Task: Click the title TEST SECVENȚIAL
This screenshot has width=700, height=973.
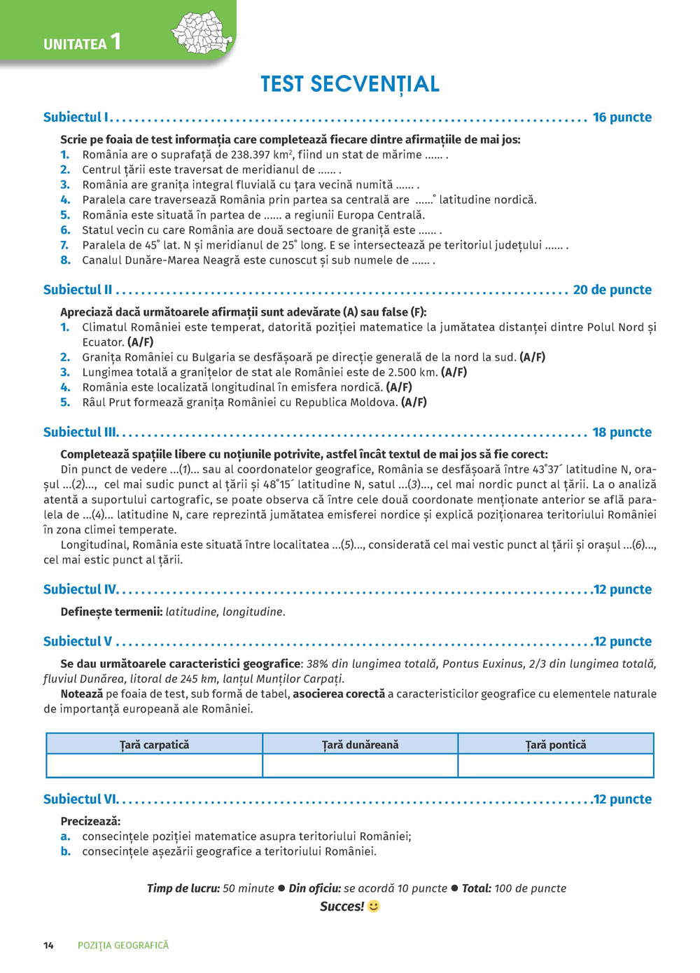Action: click(x=350, y=84)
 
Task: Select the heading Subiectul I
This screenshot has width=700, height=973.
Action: click(x=76, y=117)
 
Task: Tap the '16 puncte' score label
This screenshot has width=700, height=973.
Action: click(x=622, y=117)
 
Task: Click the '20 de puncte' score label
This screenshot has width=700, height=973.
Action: click(x=612, y=290)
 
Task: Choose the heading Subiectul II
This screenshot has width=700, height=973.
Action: click(x=78, y=290)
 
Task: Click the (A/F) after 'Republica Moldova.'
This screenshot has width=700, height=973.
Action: click(x=414, y=402)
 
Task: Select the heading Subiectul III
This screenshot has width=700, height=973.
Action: click(x=80, y=432)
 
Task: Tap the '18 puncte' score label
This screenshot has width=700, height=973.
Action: click(x=622, y=432)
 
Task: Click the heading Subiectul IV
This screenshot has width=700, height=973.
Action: click(x=80, y=589)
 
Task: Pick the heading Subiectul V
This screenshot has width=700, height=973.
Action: click(x=78, y=641)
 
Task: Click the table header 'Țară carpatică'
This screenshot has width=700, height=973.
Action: click(x=155, y=745)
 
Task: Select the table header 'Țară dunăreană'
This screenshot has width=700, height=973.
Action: click(x=360, y=745)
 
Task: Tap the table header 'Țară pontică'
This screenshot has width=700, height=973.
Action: click(x=556, y=745)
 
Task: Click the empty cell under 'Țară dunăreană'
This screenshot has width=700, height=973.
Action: click(x=360, y=766)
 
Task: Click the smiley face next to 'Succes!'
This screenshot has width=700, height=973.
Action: click(x=374, y=906)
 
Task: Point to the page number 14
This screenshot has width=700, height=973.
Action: click(x=48, y=946)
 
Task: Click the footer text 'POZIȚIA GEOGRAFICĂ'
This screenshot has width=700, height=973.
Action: click(x=123, y=946)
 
